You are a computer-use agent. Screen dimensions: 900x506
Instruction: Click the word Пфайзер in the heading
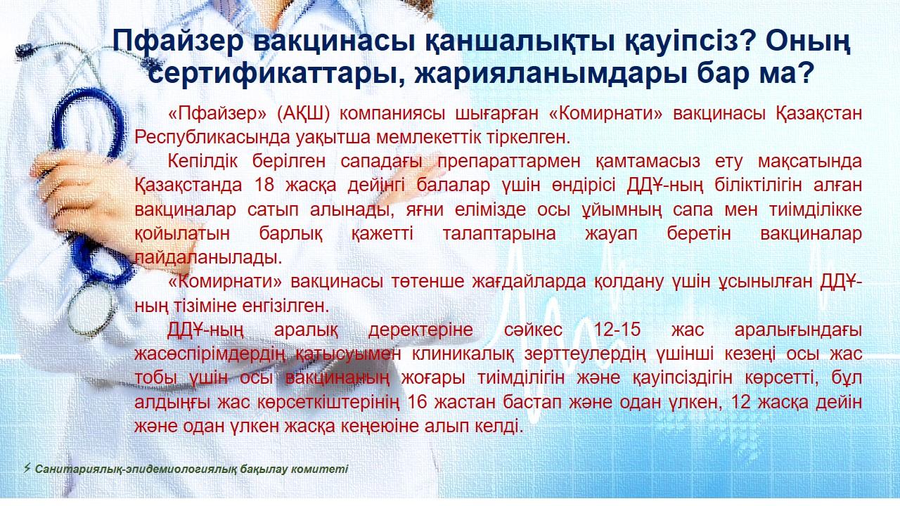click(178, 41)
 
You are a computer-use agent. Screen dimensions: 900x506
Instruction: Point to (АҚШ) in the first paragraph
click(303, 114)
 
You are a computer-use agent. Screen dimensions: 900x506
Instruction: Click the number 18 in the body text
click(264, 186)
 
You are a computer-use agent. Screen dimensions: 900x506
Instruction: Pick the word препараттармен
click(508, 162)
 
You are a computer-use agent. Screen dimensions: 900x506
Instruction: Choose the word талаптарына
click(499, 234)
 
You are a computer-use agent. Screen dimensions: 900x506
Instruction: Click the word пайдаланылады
click(208, 257)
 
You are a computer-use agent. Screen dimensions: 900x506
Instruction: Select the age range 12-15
click(617, 330)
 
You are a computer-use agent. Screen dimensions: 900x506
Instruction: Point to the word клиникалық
click(463, 354)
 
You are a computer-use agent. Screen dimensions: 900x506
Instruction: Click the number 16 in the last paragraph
click(417, 402)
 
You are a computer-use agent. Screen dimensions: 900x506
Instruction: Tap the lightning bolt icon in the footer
click(27, 468)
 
